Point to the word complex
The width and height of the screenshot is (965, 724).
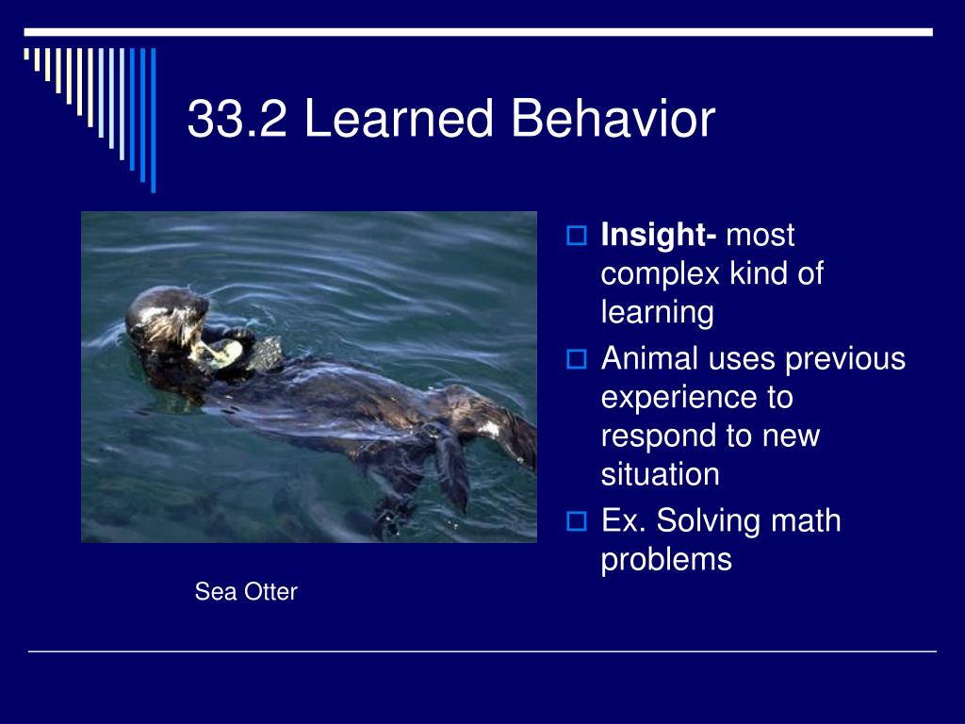click(x=661, y=274)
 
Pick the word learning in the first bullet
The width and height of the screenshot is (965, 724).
click(x=657, y=313)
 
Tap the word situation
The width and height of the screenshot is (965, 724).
click(x=660, y=474)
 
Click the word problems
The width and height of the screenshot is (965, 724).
click(x=666, y=559)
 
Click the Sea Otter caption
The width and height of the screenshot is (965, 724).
click(x=246, y=592)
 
